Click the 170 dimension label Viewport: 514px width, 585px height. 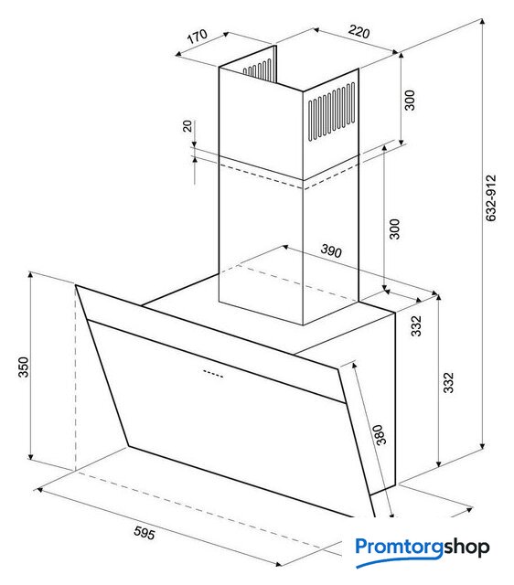click(197, 37)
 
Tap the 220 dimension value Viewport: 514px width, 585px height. click(359, 32)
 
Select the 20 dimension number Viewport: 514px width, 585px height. click(187, 126)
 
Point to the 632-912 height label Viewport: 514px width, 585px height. click(491, 197)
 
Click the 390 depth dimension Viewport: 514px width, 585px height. click(331, 251)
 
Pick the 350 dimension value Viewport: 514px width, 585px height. click(23, 367)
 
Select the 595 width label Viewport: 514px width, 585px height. click(145, 533)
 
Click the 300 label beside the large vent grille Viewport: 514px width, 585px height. click(410, 100)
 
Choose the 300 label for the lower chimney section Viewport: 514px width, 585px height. click(394, 229)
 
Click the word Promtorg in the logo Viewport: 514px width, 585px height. click(399, 547)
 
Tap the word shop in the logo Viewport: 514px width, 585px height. click(466, 548)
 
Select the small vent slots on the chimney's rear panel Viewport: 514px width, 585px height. click(258, 69)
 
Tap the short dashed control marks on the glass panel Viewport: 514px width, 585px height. click(213, 374)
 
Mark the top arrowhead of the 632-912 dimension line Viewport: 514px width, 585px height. click(483, 21)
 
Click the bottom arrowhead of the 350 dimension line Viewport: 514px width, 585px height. click(30, 456)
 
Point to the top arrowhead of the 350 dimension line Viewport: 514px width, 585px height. click(30, 275)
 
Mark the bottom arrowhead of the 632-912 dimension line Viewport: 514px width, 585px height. click(483, 446)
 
